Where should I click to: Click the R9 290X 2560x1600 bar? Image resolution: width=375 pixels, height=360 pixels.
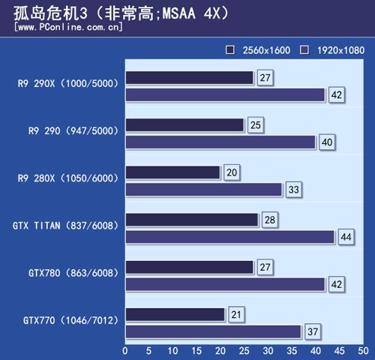[190, 78]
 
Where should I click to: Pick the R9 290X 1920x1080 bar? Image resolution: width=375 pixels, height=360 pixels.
[226, 95]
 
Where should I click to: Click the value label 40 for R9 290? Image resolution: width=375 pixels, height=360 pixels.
[326, 142]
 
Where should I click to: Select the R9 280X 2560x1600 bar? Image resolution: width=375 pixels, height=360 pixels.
[173, 172]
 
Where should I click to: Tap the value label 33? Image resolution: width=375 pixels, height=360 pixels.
[293, 190]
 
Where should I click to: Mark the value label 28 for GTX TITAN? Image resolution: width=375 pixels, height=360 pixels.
[268, 220]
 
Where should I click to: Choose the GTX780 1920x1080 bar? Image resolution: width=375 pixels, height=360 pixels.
[226, 284]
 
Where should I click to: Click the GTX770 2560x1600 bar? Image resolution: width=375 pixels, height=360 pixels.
[175, 314]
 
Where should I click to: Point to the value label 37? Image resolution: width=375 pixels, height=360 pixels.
[312, 331]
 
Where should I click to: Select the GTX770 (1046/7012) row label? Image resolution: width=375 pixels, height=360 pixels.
[69, 320]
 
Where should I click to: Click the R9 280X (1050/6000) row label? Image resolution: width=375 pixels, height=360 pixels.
[69, 178]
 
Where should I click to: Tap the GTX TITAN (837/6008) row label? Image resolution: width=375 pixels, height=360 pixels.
[67, 225]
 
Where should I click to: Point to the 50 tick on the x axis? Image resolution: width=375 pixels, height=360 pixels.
[363, 350]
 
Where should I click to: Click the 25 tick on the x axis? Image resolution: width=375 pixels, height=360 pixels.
[244, 350]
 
